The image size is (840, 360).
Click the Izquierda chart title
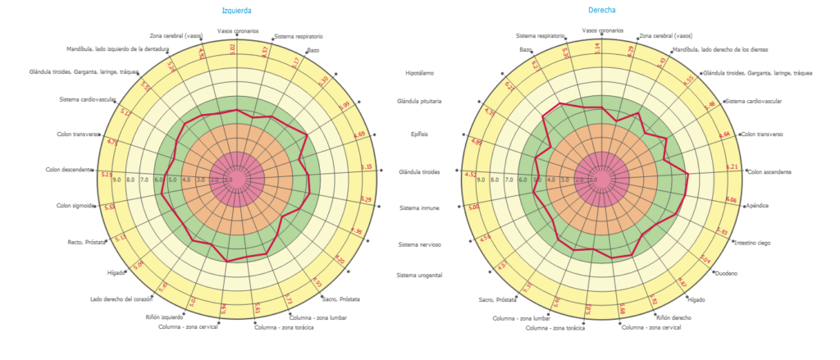(237, 11)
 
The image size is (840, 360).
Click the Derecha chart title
(602, 11)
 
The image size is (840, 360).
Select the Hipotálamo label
(424, 74)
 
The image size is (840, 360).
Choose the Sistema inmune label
(419, 208)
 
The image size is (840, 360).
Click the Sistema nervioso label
(419, 245)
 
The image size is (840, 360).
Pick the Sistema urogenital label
(419, 275)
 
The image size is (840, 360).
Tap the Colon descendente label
(69, 170)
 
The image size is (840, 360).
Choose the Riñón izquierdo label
(164, 317)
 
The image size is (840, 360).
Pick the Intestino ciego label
(752, 243)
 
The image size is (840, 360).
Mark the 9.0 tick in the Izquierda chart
(116, 180)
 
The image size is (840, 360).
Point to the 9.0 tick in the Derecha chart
(482, 180)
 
